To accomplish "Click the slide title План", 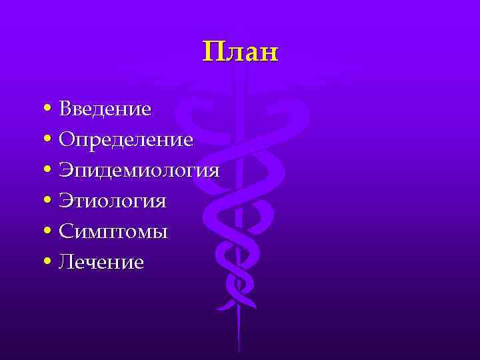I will (240, 51).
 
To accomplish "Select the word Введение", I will (105, 108).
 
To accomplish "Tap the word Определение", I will (126, 140).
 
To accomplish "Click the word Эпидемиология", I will (139, 171).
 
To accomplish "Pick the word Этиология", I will (112, 201).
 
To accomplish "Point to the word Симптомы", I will (113, 232).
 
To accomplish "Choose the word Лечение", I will (101, 263).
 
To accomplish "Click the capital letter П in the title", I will (213, 51).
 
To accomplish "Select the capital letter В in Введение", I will (65, 108).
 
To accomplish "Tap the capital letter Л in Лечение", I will (65, 263).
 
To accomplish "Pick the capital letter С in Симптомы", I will (66, 232).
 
